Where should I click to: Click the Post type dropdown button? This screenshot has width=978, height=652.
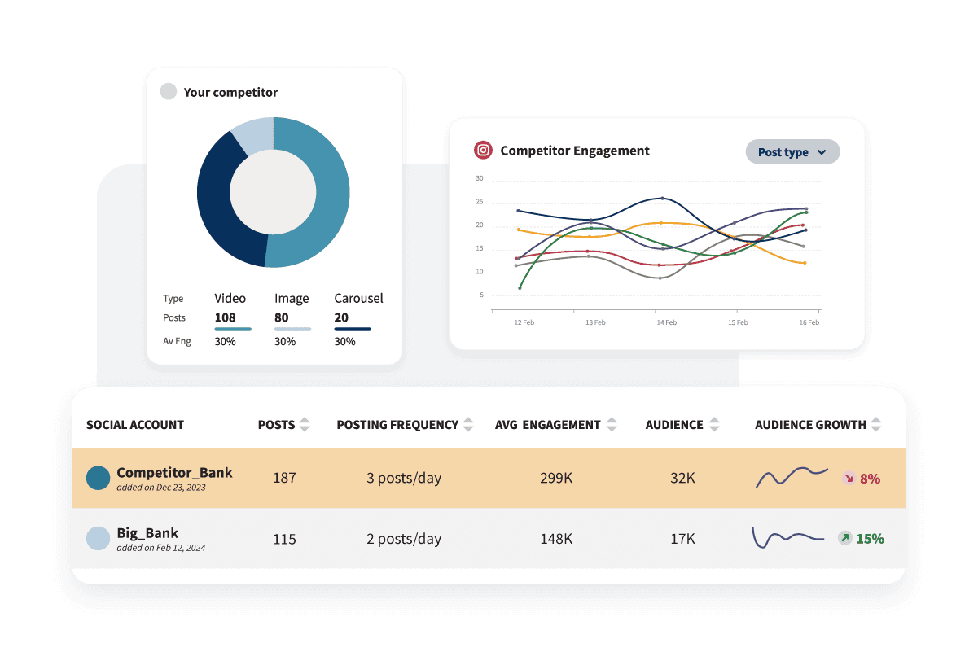(792, 152)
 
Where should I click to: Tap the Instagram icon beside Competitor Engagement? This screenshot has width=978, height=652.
(484, 151)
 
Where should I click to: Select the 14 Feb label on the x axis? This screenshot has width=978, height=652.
(666, 322)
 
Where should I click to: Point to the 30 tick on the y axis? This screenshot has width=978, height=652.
(480, 178)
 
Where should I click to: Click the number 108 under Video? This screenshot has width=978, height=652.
(225, 317)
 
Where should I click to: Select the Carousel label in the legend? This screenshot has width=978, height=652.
(358, 298)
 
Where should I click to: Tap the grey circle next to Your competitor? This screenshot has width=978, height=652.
(169, 92)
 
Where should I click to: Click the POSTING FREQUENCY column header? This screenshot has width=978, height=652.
(397, 424)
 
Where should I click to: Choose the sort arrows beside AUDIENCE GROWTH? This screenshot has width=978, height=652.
(875, 424)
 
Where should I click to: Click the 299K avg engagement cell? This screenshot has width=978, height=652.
(556, 478)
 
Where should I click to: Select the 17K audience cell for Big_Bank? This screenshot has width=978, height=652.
(682, 538)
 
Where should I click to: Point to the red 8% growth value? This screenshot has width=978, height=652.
(870, 479)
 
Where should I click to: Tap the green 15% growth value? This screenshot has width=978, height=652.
(870, 538)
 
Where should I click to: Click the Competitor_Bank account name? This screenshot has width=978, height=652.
(174, 472)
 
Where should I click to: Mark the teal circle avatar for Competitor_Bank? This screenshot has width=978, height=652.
(99, 478)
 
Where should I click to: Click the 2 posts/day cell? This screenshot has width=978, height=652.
(403, 538)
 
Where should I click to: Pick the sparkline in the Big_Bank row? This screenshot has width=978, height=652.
(787, 538)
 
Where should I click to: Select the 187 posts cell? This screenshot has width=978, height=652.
(284, 478)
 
